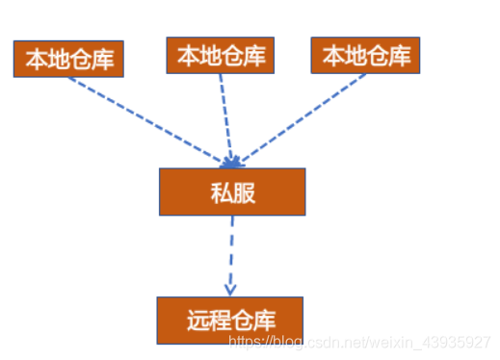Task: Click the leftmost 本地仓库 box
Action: coord(69,60)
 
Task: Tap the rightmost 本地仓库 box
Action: coord(366,55)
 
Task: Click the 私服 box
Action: coord(232,192)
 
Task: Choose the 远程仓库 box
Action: coord(230,320)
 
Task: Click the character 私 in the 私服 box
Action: coord(221,192)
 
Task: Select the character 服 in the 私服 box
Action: coord(244,192)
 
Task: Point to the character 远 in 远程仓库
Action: coord(196,320)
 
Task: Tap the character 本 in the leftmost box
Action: coord(36,61)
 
